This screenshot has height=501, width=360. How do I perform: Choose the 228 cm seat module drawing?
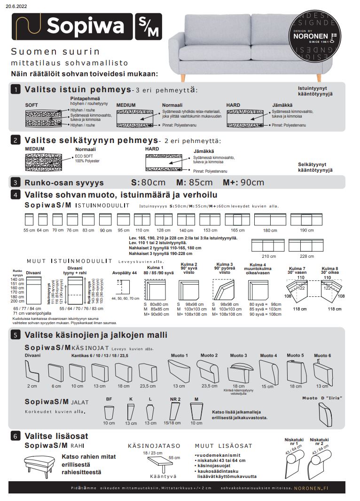tap(306, 246)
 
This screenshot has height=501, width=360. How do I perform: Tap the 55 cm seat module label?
tap(29, 230)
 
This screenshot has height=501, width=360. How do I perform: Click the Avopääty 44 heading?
tap(125, 273)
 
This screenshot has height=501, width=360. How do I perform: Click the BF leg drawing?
tap(109, 413)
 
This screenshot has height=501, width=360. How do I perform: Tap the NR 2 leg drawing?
tap(175, 412)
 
